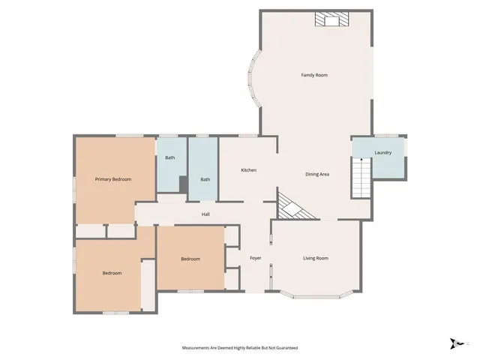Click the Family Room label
[x=314, y=75]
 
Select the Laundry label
[x=383, y=153]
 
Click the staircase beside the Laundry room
[x=362, y=178]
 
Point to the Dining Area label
[x=317, y=174]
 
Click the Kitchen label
[x=248, y=170]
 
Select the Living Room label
[x=315, y=258]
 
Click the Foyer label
[x=255, y=258]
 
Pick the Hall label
[x=205, y=214]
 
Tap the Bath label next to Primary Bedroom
[x=170, y=157]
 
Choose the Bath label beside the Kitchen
[x=205, y=179]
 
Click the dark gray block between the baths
[x=182, y=184]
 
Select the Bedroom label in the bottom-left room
[x=112, y=273]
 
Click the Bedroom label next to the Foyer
[x=190, y=259]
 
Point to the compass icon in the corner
[x=454, y=343]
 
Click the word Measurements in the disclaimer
[x=199, y=348]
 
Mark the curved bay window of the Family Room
[x=253, y=82]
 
